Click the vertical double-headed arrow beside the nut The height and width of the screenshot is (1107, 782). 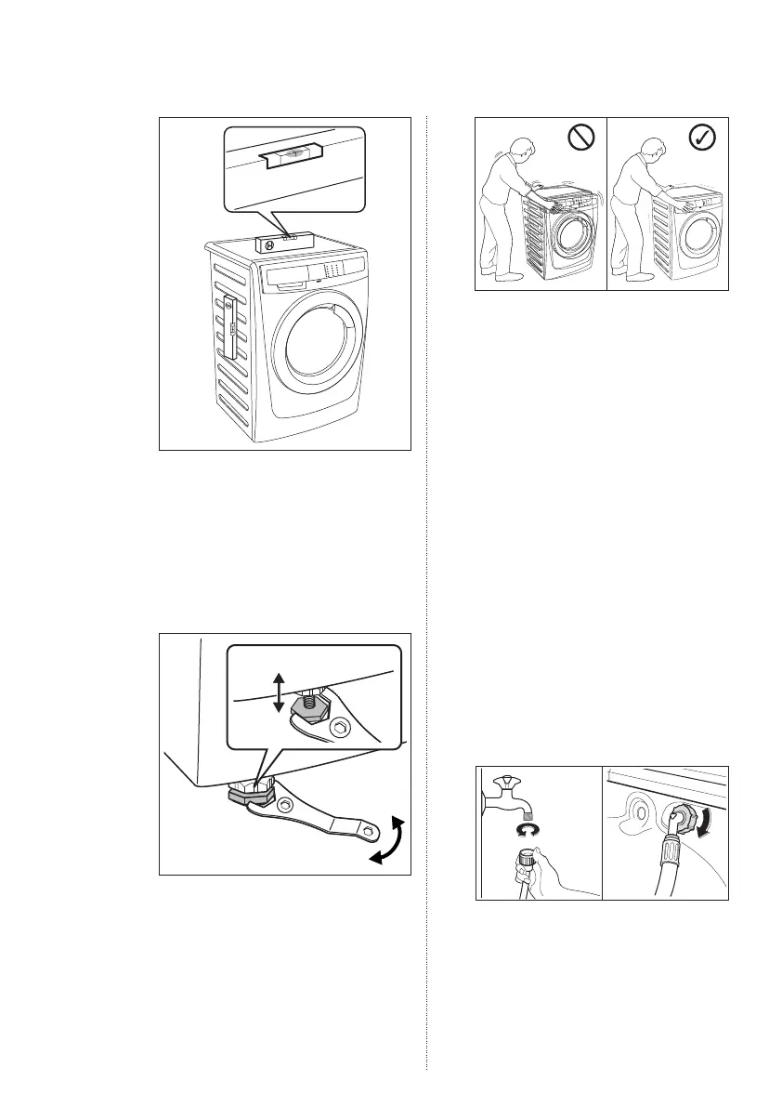pyautogui.click(x=278, y=694)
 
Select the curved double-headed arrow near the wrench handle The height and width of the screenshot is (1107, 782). pyautogui.click(x=389, y=839)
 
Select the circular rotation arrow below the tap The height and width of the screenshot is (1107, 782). pyautogui.click(x=531, y=825)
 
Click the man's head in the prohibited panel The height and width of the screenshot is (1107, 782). pyautogui.click(x=521, y=151)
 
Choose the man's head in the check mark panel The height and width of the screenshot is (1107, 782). pyautogui.click(x=647, y=151)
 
